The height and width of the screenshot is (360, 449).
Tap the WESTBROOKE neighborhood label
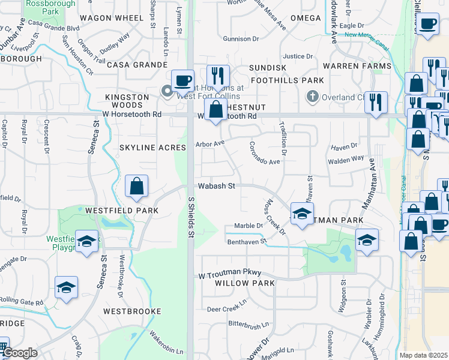tap(132, 311)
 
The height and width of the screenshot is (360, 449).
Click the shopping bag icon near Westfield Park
tap(137, 186)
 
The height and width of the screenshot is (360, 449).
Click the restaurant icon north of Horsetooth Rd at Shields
tap(218, 76)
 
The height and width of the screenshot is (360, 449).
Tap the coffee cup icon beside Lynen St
tap(182, 80)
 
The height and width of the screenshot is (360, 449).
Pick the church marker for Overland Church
tap(312, 96)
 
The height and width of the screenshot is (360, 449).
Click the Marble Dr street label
tap(249, 226)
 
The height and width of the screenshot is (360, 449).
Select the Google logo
tap(20, 353)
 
